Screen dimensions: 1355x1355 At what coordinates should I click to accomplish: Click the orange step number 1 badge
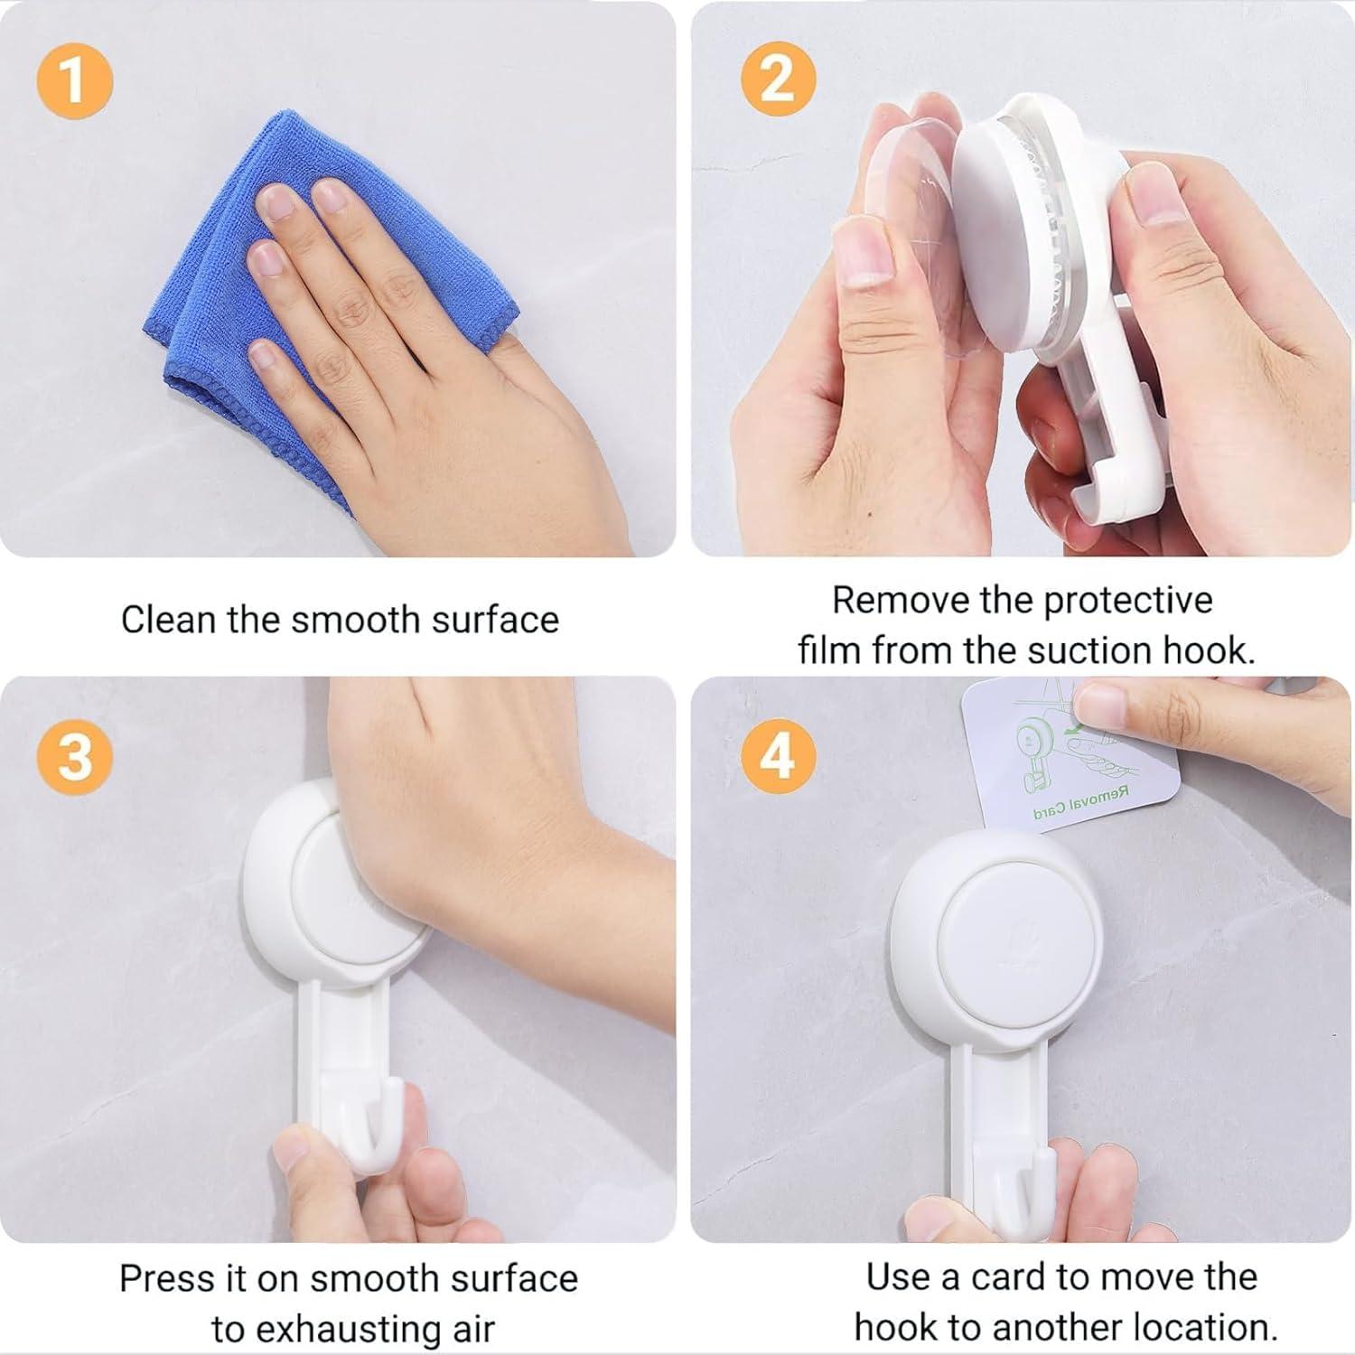point(74,80)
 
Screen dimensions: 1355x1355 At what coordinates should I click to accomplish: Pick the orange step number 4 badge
point(778,755)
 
